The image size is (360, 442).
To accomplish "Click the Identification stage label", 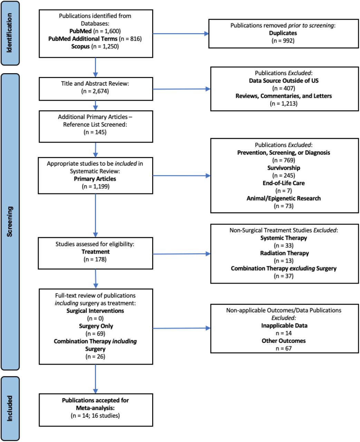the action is (x=9, y=33).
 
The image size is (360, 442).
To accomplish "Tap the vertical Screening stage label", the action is (x=10, y=221).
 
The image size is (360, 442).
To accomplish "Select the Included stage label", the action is (x=10, y=409).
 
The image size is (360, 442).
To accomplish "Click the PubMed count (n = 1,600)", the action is (x=107, y=31).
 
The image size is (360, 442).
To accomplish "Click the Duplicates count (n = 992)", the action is (x=283, y=40).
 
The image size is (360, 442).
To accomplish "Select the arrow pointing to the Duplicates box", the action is (x=181, y=33).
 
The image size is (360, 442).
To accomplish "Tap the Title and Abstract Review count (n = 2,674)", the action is (x=95, y=91).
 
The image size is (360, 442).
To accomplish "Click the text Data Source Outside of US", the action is (x=284, y=80).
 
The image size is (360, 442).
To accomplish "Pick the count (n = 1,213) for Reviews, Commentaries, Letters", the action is (x=284, y=103).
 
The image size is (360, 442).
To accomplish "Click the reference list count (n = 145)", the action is (x=95, y=132).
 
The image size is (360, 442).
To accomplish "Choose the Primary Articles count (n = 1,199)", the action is (x=96, y=186).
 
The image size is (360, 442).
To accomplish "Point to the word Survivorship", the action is (x=284, y=168).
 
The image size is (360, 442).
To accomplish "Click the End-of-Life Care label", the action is (x=284, y=183).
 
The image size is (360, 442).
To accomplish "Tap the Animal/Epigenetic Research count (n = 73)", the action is (x=284, y=206).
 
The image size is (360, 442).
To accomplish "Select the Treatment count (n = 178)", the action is (x=95, y=259).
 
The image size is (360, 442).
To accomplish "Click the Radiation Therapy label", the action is (x=284, y=253).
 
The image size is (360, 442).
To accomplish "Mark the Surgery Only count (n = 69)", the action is (x=95, y=334).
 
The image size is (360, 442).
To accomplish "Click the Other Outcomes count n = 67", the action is (x=284, y=348).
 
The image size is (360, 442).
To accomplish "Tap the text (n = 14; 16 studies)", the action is (x=95, y=415).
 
